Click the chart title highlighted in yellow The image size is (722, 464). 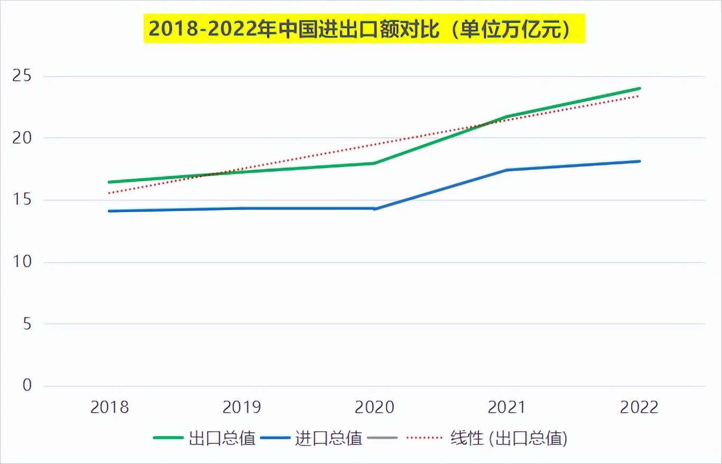pyautogui.click(x=364, y=29)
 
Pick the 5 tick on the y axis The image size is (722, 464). pyautogui.click(x=26, y=324)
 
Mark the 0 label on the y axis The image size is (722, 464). pyautogui.click(x=26, y=386)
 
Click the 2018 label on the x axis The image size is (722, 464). pyautogui.click(x=109, y=407)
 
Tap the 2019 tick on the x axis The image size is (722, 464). pyautogui.click(x=242, y=407)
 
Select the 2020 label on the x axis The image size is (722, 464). pyautogui.click(x=374, y=407)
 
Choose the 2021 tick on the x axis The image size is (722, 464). pyautogui.click(x=507, y=407)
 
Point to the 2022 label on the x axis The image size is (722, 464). pyautogui.click(x=640, y=407)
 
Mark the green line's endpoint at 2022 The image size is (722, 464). pyautogui.click(x=640, y=88)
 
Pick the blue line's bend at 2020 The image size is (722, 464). pyautogui.click(x=374, y=209)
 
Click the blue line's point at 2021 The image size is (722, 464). pyautogui.click(x=507, y=170)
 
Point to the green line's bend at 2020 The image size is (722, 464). pyautogui.click(x=374, y=163)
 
